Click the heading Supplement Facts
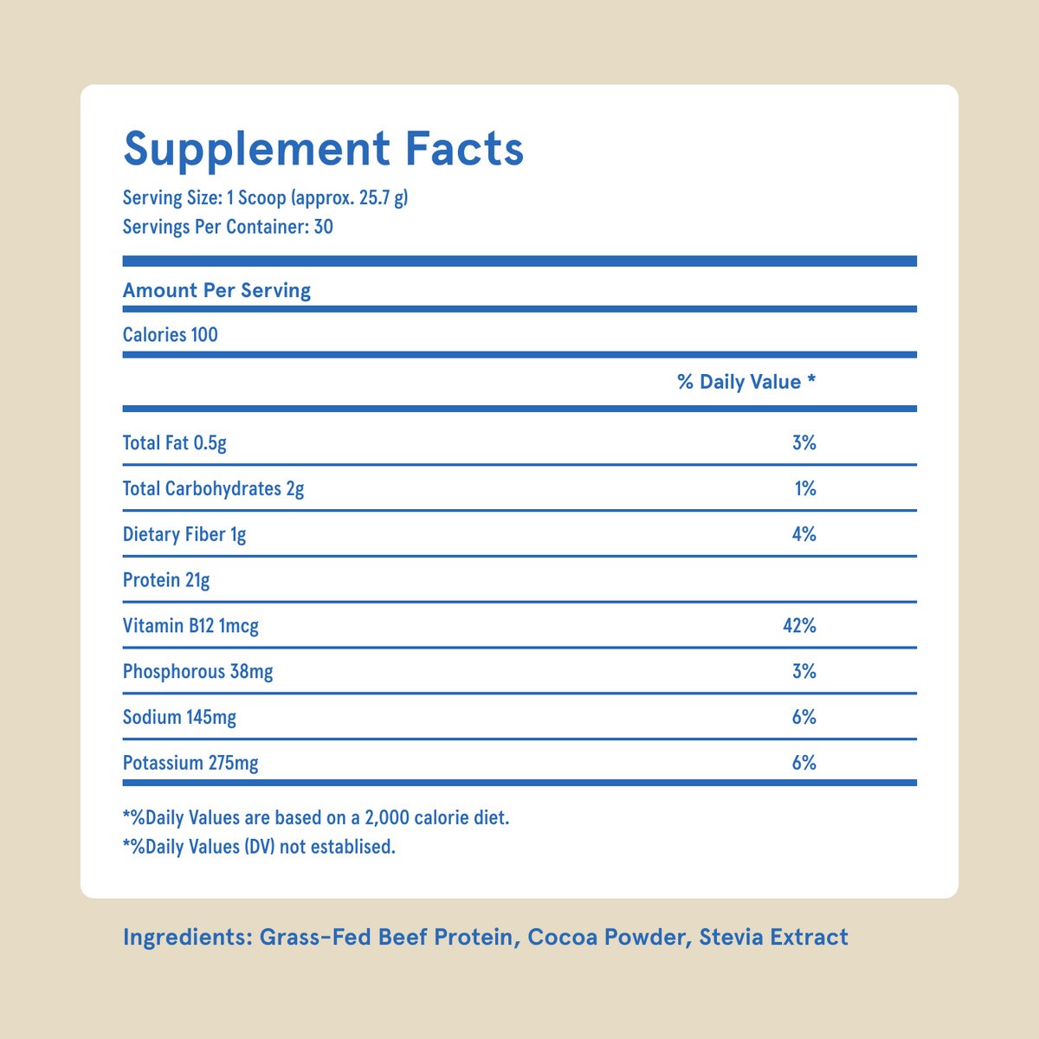pos(323,149)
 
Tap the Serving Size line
pos(265,198)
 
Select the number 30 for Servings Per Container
pos(323,228)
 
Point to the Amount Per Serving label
pos(216,290)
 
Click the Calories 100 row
pos(171,334)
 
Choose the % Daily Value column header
pos(746,382)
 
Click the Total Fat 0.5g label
pos(175,443)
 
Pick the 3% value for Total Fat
pos(803,443)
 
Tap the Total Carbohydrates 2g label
pos(213,488)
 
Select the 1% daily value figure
pos(805,488)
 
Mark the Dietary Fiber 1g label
pos(184,534)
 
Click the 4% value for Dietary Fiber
pos(803,534)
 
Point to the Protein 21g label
pos(166,580)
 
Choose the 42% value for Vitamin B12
pos(799,625)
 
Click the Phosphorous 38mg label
pos(198,671)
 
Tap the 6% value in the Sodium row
pos(803,717)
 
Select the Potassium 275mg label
pos(190,763)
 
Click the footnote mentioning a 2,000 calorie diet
pos(316,816)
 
